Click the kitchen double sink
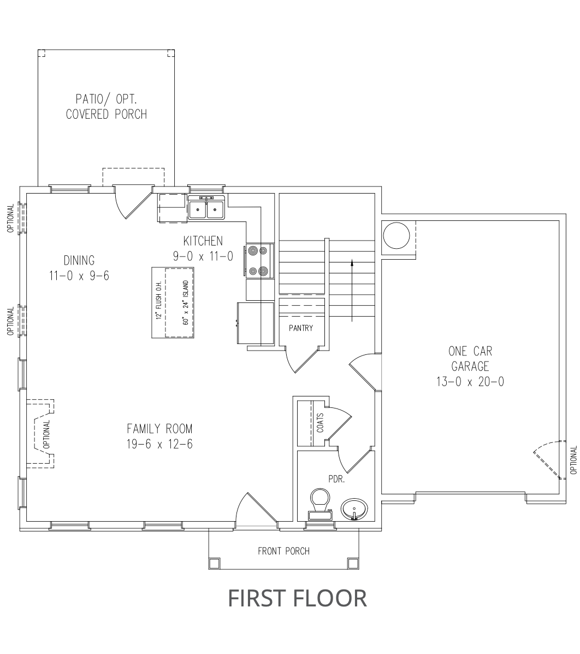coord(206,207)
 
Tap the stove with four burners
coord(258,261)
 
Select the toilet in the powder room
coord(320,504)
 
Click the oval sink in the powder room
coord(354,509)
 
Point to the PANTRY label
coord(301,328)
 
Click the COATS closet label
coord(320,423)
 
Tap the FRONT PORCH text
coord(284,551)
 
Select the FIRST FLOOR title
coord(298,598)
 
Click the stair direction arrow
coord(352,290)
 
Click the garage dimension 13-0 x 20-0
coord(470,382)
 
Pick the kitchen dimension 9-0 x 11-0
coord(203,256)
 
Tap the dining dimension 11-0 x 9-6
coord(79,276)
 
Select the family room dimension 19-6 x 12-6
coord(159,444)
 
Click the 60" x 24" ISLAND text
coord(186,302)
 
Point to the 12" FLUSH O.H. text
coord(158,300)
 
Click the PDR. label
coord(336,479)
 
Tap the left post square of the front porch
coord(214,563)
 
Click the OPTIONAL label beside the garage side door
coord(574,460)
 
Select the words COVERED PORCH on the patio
coord(106,114)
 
